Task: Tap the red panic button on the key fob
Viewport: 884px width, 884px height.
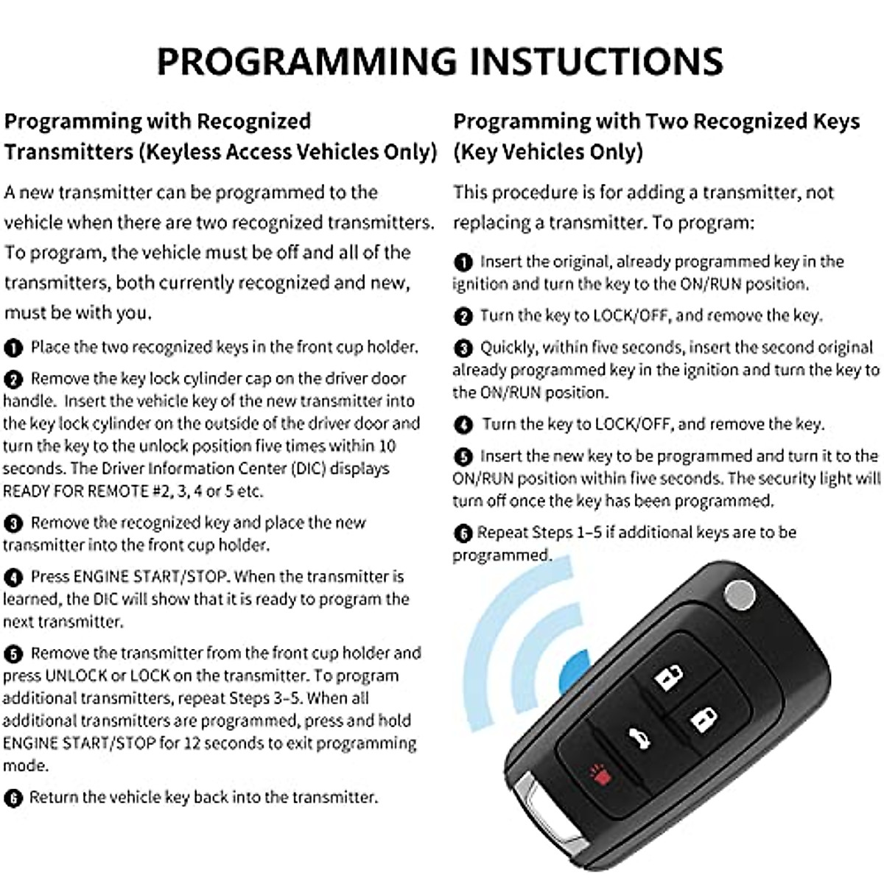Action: tap(596, 775)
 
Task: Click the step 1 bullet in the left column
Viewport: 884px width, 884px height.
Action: tap(13, 348)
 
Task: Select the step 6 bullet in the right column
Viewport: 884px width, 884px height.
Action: tap(463, 533)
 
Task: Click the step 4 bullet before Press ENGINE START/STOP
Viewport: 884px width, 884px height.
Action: tap(13, 578)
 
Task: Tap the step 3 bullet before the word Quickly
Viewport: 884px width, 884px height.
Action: tap(463, 348)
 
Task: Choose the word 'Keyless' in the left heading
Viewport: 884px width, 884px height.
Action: tap(180, 152)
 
